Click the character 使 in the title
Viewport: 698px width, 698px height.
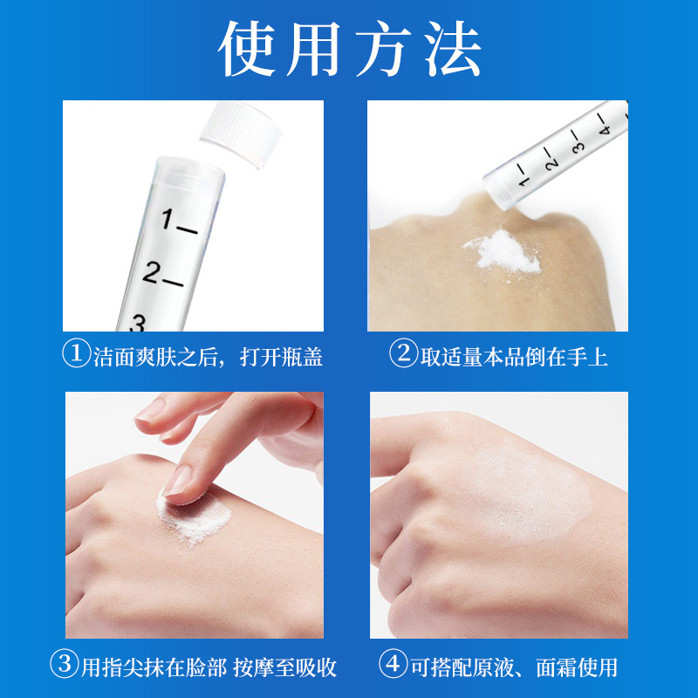[x=247, y=49]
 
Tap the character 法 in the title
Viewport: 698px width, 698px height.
[x=452, y=49]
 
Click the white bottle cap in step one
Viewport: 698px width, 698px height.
[x=241, y=133]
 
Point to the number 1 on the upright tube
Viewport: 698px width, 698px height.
[x=167, y=219]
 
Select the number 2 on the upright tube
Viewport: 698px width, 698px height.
[x=150, y=272]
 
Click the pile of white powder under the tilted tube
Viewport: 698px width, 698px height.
[x=503, y=252]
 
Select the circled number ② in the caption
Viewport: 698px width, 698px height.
[x=403, y=354]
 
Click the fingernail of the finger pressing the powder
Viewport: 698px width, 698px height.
[x=178, y=481]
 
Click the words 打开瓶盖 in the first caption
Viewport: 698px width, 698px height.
[x=281, y=357]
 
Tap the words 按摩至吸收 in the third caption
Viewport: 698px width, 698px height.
[x=285, y=667]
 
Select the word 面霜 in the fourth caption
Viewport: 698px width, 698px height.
[x=556, y=667]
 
